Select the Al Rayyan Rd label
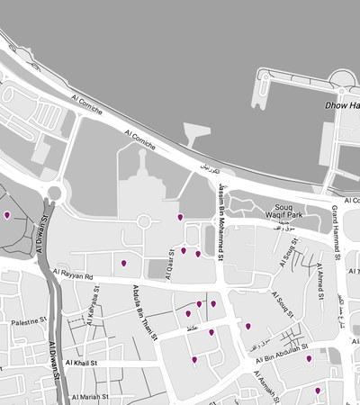click(73, 276)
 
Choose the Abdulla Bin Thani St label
click(144, 310)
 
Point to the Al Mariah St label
click(92, 396)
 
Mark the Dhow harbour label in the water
click(341, 105)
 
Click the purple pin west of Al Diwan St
click(7, 215)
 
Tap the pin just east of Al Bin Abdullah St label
click(309, 358)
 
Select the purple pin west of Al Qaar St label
click(124, 263)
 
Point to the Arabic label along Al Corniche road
click(208, 168)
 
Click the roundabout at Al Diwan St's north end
click(54, 193)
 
